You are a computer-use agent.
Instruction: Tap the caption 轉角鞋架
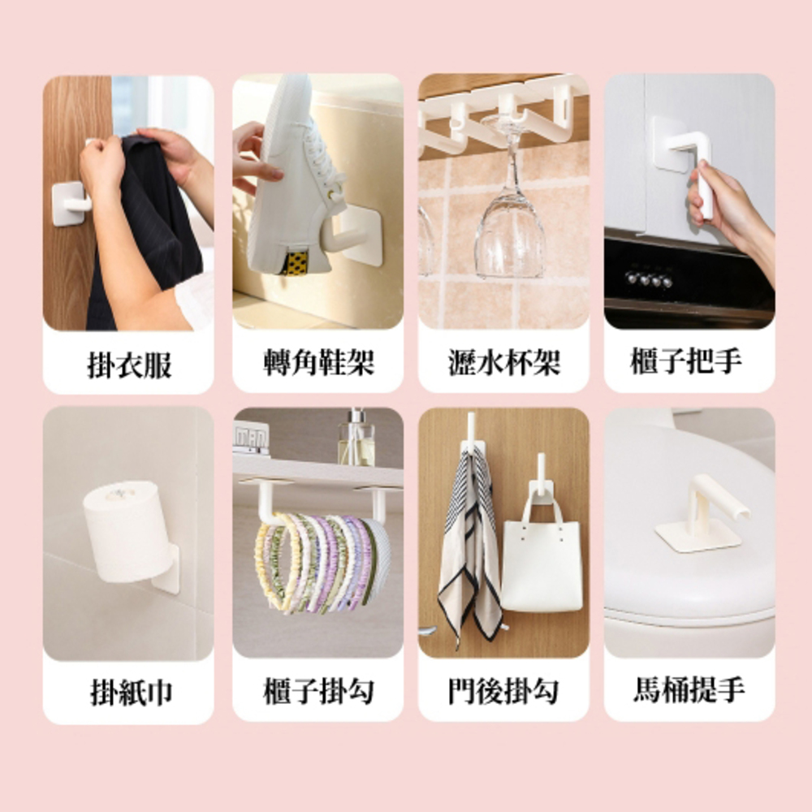click(x=318, y=364)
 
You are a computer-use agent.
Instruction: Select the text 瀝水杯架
click(x=504, y=364)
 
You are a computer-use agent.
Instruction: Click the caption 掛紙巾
click(x=129, y=693)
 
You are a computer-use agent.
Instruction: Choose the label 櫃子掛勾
click(x=318, y=692)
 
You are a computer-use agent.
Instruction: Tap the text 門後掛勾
click(x=504, y=692)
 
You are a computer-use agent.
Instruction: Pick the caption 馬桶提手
click(x=689, y=691)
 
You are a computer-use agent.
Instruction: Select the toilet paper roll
click(x=126, y=528)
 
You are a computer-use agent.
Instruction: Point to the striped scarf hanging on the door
click(x=467, y=544)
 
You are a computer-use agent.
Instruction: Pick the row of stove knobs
click(x=648, y=279)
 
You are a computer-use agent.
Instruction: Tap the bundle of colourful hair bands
click(x=321, y=560)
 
